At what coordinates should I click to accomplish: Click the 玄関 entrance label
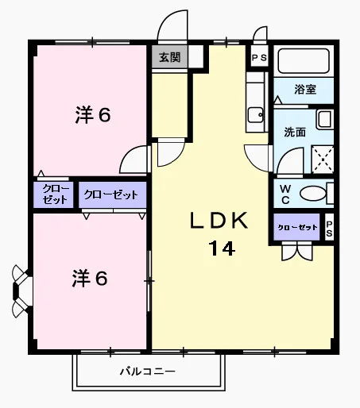click(x=169, y=57)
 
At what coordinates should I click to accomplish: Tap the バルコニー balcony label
click(x=148, y=371)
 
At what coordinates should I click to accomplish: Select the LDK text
click(x=219, y=221)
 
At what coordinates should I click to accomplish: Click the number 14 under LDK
click(x=222, y=248)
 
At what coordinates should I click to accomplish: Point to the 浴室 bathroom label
click(x=305, y=89)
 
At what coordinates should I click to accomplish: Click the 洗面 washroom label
click(x=295, y=132)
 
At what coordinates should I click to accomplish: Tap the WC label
click(x=285, y=194)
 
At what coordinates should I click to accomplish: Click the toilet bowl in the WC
click(x=313, y=194)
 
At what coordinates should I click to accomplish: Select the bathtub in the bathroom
click(x=304, y=61)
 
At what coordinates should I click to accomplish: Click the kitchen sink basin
click(x=255, y=115)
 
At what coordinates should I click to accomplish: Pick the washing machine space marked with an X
click(x=323, y=160)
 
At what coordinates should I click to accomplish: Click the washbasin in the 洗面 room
click(x=324, y=119)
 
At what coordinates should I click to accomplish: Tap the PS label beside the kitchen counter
click(x=259, y=58)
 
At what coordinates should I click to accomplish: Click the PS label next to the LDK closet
click(x=329, y=229)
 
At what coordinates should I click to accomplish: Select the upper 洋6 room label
click(x=93, y=115)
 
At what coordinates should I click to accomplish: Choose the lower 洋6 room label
click(x=90, y=279)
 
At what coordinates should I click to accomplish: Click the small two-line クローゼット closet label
click(x=56, y=194)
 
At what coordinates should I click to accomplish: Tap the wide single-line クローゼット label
click(x=111, y=194)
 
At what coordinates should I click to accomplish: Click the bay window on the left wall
click(x=22, y=291)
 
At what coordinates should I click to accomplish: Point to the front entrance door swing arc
click(x=165, y=18)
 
